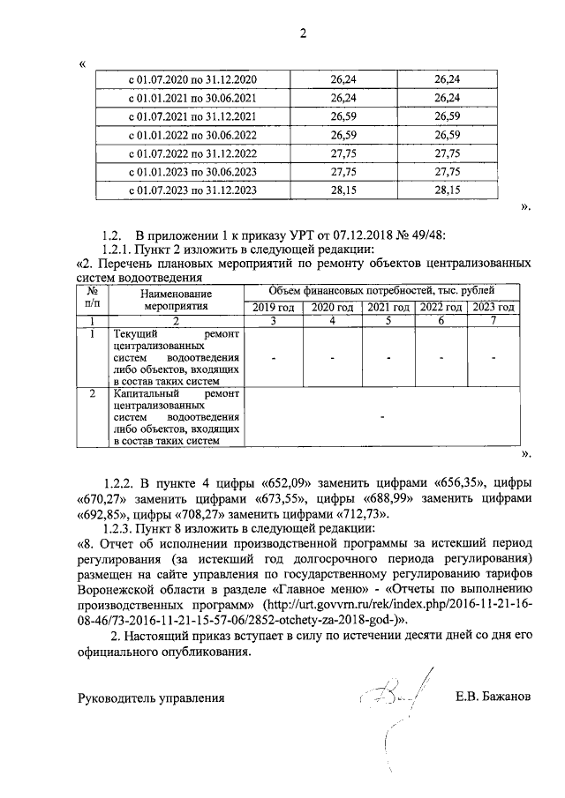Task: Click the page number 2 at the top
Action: click(x=302, y=34)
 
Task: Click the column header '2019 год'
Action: click(x=273, y=307)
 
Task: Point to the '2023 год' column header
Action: click(x=493, y=307)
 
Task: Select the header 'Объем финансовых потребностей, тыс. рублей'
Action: click(x=380, y=290)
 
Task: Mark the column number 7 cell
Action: click(x=493, y=320)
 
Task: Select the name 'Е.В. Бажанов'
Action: click(x=493, y=697)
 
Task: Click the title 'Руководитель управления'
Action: click(x=152, y=697)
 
